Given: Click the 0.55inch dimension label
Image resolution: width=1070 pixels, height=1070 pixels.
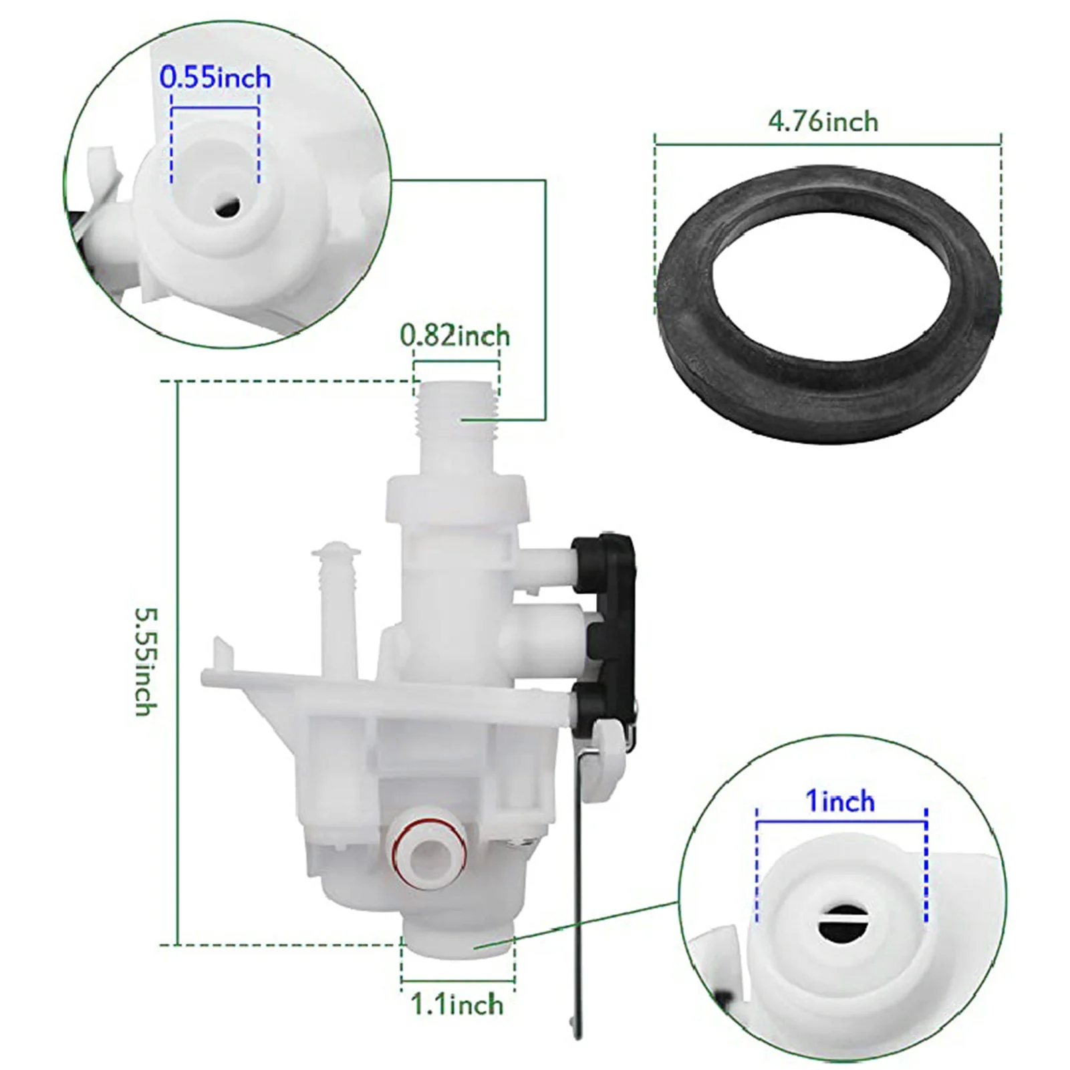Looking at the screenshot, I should pos(215,78).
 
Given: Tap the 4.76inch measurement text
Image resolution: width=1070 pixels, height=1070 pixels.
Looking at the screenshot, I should pos(823,122).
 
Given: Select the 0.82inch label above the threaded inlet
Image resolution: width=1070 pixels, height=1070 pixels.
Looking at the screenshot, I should pos(455,336).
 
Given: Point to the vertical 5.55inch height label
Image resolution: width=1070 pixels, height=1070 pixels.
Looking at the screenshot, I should pos(146,661).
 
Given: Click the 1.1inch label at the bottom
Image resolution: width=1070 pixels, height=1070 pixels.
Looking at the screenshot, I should pos(456,1005).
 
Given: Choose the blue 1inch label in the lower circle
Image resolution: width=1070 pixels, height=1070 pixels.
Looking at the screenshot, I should pos(840,801).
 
